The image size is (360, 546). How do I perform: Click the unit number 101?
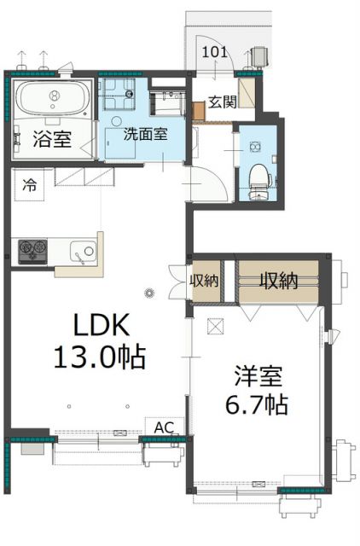point(214,51)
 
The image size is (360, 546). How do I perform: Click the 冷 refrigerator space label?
point(30,183)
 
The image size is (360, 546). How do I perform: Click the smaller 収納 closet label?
point(205,280)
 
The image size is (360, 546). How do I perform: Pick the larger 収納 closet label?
point(278,280)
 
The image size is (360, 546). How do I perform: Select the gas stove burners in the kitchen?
point(33,250)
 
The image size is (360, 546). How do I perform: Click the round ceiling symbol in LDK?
point(150,295)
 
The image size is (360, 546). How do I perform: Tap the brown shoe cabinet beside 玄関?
point(200,112)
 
